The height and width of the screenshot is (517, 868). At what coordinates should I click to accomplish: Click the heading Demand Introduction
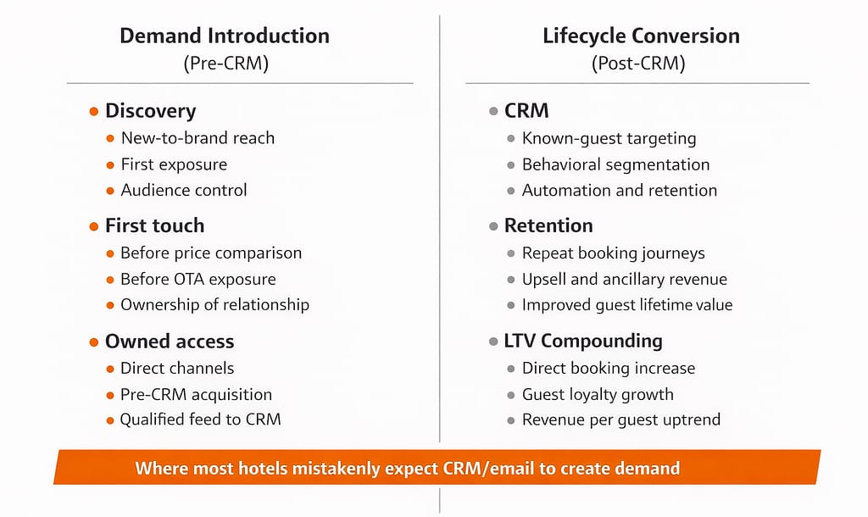point(225,36)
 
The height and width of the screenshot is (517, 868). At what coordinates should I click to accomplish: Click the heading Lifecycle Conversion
point(641,36)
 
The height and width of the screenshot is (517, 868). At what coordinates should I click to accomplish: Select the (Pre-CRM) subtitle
point(225,64)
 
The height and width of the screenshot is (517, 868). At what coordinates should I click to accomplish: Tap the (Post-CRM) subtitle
point(640,64)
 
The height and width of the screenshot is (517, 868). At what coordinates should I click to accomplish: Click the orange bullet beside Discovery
point(93,111)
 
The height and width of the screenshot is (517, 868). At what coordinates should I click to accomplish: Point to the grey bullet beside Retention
point(493,226)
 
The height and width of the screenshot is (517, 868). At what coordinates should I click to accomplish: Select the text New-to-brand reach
point(198,138)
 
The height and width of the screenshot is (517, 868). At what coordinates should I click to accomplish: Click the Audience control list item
point(184,190)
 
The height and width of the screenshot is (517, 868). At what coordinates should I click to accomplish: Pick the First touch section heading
point(154,225)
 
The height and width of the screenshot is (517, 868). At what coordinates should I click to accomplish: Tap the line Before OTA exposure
point(198,279)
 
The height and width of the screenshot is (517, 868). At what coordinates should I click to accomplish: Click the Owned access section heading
point(170,342)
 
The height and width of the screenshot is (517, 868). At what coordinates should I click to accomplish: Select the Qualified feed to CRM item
point(200,420)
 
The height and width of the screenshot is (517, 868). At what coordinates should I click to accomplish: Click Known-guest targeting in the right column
point(609,138)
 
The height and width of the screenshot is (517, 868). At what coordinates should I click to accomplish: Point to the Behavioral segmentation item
point(615,164)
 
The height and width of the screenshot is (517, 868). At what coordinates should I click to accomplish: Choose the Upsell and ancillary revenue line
point(624,279)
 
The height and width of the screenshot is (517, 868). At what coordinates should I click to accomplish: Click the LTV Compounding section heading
point(583,342)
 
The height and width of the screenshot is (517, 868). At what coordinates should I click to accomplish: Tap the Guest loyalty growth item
point(598,394)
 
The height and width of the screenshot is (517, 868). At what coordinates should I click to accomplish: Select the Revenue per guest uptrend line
point(620,420)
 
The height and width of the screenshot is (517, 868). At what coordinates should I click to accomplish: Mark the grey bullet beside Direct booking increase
point(510,369)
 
